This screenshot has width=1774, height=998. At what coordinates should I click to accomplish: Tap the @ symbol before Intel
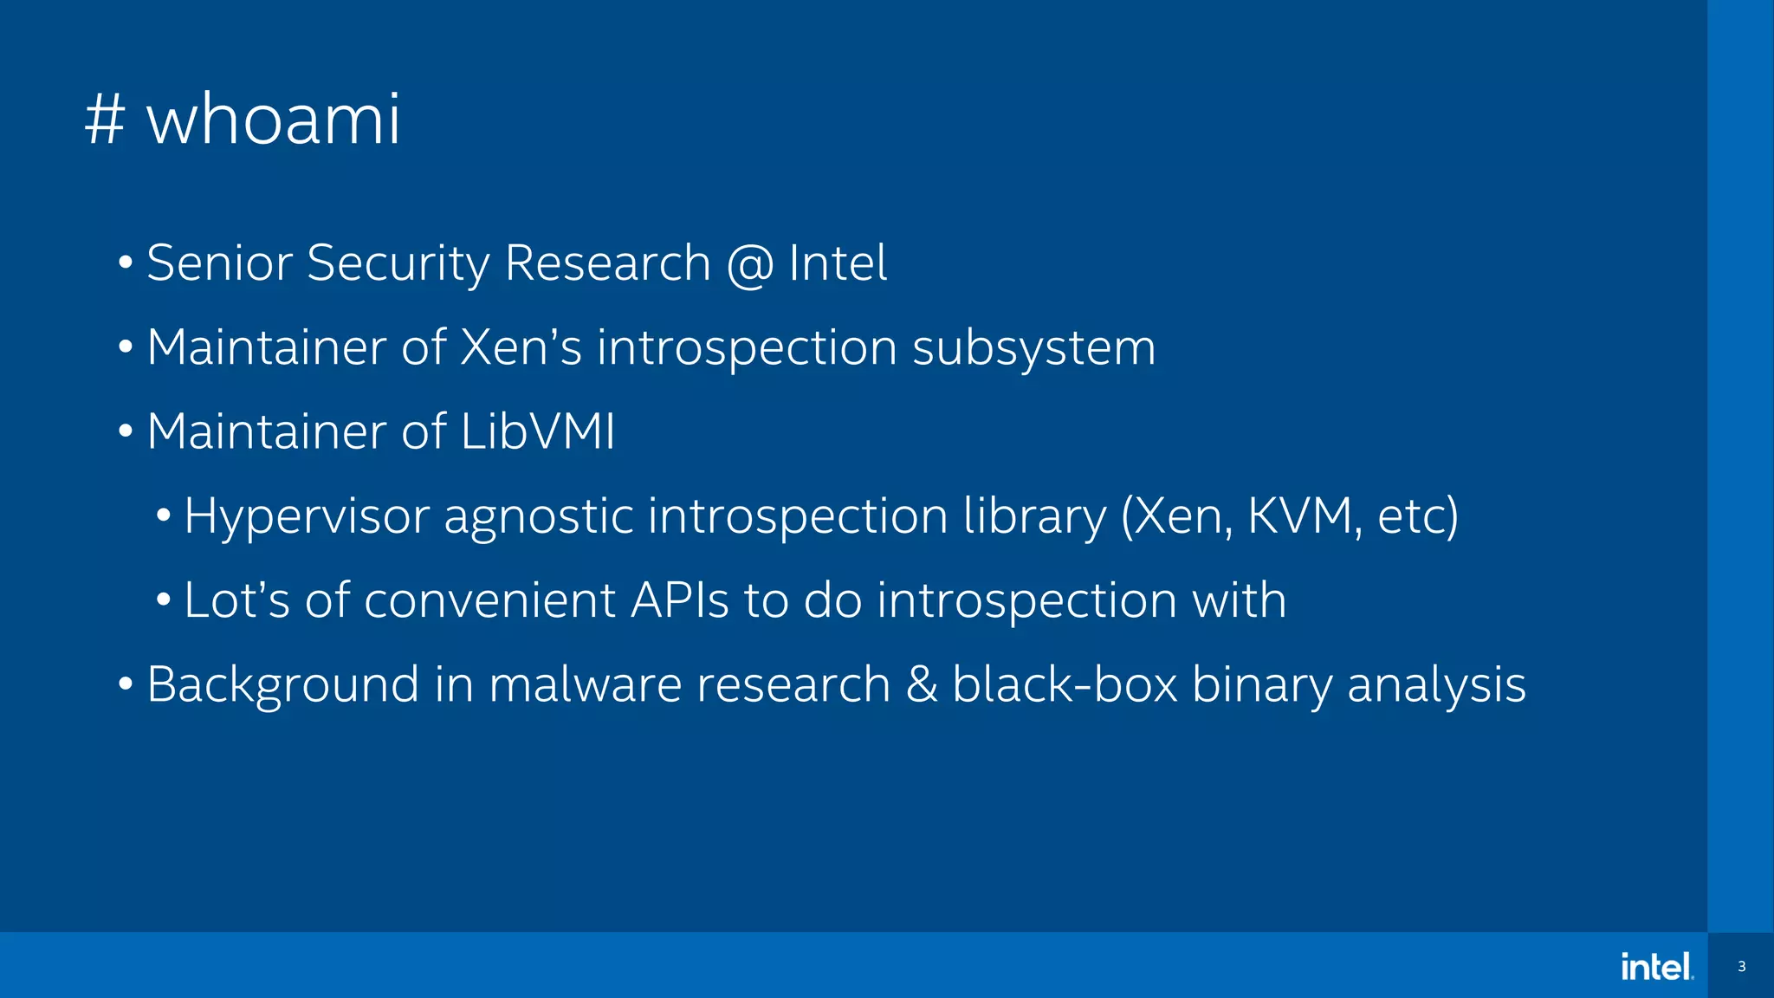coord(750,263)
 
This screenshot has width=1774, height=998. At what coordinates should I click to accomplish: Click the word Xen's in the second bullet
coord(521,347)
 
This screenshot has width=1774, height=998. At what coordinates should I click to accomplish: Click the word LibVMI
coord(538,431)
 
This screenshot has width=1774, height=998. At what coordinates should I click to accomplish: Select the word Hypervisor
coord(307,516)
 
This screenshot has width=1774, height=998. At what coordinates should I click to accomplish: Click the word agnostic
coord(538,516)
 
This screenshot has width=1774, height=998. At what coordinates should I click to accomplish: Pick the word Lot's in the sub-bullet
coord(236,599)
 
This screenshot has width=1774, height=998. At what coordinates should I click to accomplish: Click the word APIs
coord(680,599)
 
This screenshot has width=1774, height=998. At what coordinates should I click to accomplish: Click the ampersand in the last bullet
coord(922,684)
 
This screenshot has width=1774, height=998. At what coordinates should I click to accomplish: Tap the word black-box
coord(1065,684)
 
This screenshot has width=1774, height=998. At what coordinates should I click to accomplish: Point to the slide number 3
coord(1741,967)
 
